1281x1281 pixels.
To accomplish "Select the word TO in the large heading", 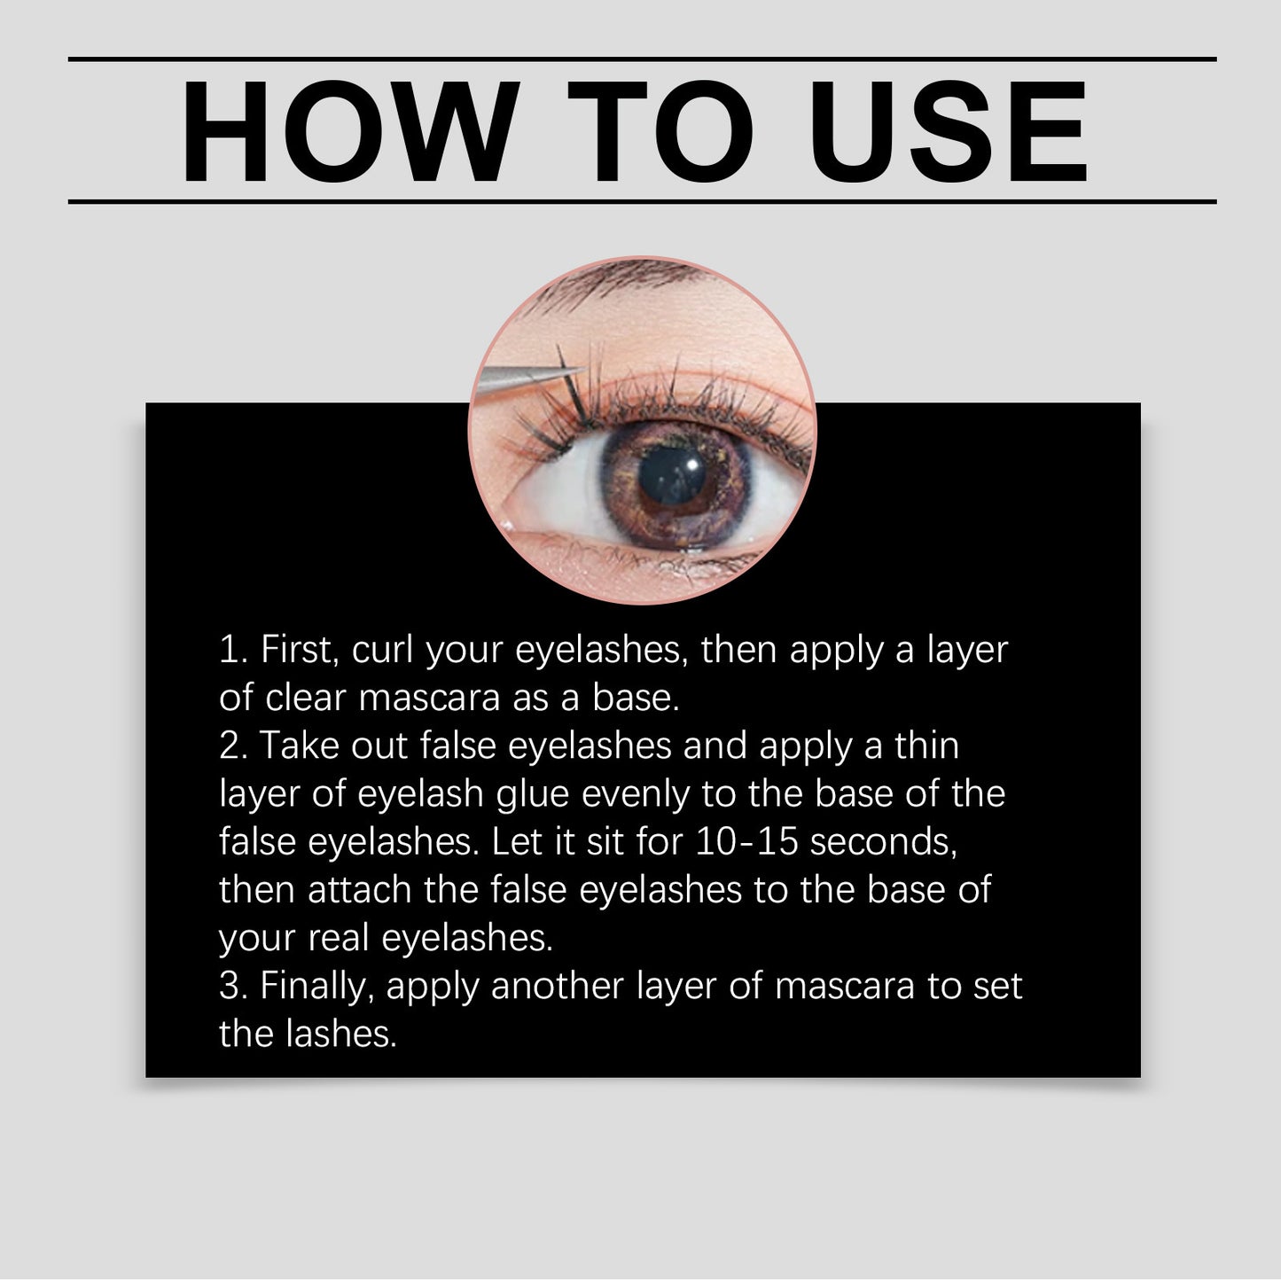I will point(660,133).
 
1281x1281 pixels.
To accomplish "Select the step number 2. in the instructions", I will point(234,746).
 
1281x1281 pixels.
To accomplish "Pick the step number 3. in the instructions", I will point(234,986).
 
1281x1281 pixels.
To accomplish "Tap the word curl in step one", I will point(384,650).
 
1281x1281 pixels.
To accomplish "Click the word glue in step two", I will point(532,794).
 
